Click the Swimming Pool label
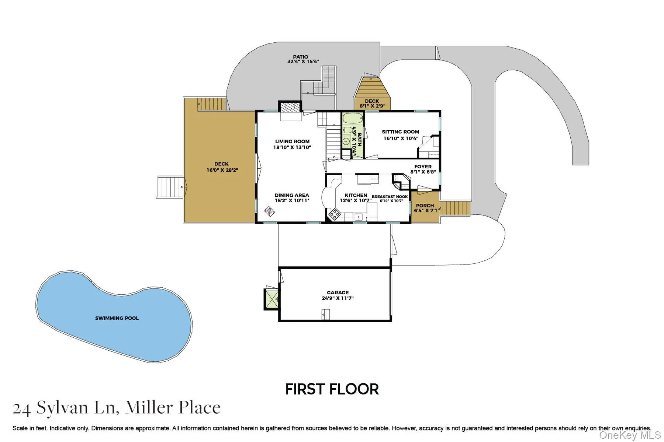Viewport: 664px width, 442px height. coord(117,318)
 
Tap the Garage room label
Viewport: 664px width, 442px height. coord(338,292)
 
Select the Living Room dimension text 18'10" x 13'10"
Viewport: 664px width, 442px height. coord(292,147)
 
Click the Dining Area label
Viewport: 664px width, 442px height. coord(292,195)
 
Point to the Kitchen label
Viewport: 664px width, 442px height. coord(356,195)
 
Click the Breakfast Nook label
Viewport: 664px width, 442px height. coord(390,197)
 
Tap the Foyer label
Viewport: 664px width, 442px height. coord(423,166)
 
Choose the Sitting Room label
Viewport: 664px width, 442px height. coord(400,131)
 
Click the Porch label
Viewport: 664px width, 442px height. coord(425,206)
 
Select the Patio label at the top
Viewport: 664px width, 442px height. coord(301,57)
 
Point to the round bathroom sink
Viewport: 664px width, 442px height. coord(346,141)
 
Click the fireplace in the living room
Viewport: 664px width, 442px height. coord(290,107)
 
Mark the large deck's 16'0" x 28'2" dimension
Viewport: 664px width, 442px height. coord(222,170)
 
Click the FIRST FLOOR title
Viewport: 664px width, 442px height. coord(332,389)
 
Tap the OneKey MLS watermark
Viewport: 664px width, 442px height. coord(630,435)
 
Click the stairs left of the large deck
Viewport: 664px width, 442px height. coord(170,187)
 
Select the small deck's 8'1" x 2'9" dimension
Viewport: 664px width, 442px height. coord(372,106)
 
